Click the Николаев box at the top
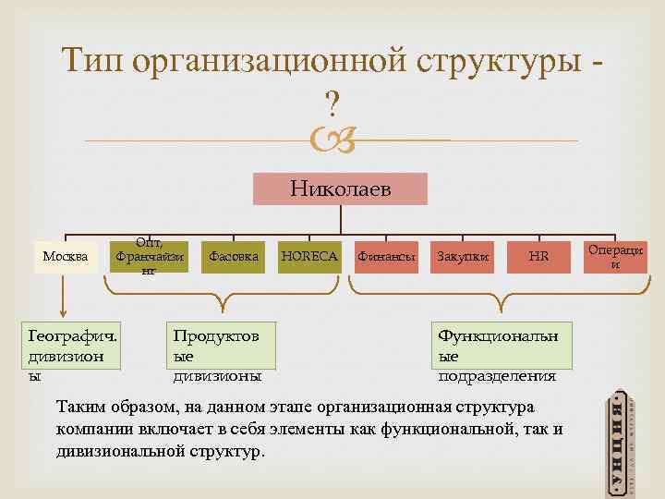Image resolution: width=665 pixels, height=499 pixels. coord(341,189)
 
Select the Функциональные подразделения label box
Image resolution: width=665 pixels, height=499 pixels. coord(503,352)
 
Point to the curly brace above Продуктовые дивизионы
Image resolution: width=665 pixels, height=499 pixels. coord(222,295)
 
